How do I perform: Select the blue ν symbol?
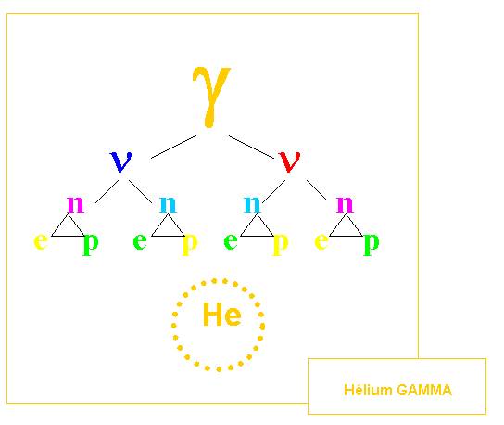tap(120, 161)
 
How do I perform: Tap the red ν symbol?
tap(290, 161)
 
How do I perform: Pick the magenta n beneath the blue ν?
tap(76, 204)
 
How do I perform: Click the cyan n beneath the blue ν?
tap(168, 204)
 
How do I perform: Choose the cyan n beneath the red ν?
tap(252, 204)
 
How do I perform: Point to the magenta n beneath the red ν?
tap(345, 204)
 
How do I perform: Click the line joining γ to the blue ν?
tap(173, 147)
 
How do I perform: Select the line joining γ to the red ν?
tap(251, 147)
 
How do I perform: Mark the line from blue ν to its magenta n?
tap(107, 191)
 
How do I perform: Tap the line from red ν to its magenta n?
tap(316, 189)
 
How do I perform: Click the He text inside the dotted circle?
tap(222, 314)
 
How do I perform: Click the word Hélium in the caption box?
tap(368, 390)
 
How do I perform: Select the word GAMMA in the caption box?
tap(424, 390)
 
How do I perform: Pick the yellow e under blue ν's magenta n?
tap(41, 241)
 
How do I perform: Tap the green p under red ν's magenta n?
tap(372, 244)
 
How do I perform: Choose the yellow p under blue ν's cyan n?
tap(190, 244)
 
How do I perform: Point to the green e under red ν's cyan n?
tap(231, 241)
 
